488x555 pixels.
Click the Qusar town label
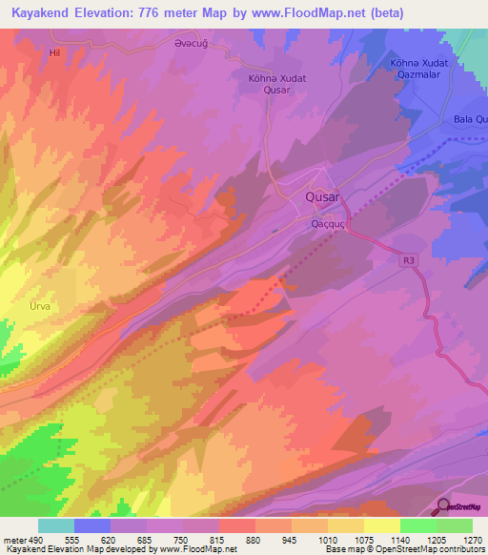[x=322, y=197]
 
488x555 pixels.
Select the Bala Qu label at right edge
[x=470, y=119]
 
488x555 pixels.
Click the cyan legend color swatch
[x=56, y=525]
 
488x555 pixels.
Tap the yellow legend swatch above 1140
[x=382, y=525]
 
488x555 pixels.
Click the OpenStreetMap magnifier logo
[x=443, y=505]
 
